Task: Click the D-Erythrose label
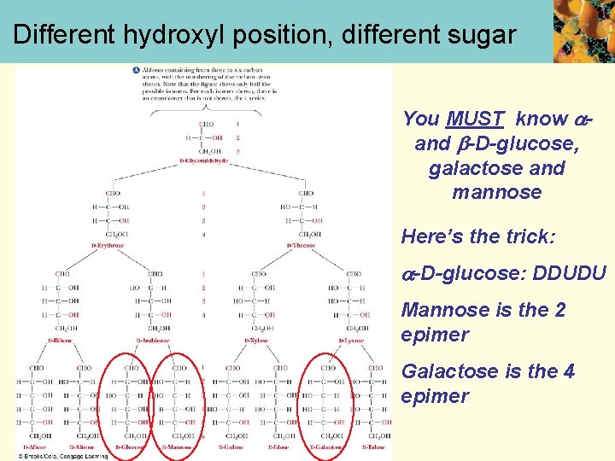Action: [108, 245]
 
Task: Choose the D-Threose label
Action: [302, 245]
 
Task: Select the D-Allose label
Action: [35, 446]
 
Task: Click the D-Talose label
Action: [374, 446]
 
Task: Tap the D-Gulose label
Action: [231, 446]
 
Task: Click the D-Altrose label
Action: [83, 446]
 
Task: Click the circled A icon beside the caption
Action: [137, 69]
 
